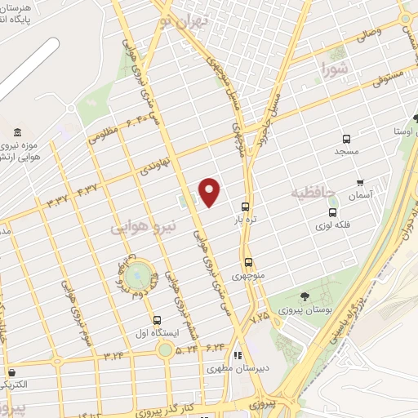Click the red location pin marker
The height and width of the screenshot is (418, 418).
(x=210, y=192)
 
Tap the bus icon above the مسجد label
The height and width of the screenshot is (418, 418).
(x=347, y=139)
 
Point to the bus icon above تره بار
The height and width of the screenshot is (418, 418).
(x=246, y=207)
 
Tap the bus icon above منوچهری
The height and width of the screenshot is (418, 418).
(x=249, y=262)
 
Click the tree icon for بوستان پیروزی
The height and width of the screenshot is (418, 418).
(x=305, y=297)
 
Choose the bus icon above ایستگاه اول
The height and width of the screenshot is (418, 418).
(x=157, y=320)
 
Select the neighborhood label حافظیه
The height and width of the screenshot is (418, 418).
(x=313, y=193)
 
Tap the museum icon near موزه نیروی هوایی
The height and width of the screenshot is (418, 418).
(x=17, y=132)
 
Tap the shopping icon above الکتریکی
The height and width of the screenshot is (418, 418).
(x=11, y=372)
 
